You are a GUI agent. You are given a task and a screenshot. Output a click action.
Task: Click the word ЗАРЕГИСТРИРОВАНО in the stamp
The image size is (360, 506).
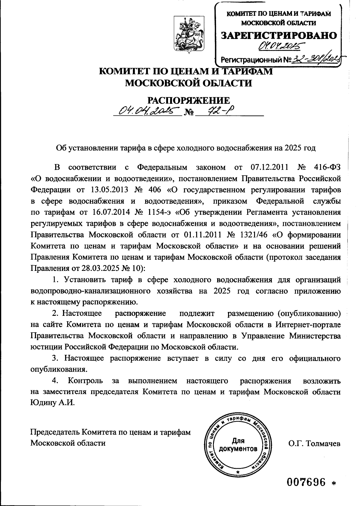click(x=279, y=35)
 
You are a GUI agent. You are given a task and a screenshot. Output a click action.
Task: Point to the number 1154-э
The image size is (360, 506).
click(x=156, y=212)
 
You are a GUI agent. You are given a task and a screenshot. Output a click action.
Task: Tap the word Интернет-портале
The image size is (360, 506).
click(x=308, y=325)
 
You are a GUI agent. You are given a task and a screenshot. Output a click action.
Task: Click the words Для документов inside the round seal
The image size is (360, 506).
click(x=238, y=445)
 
